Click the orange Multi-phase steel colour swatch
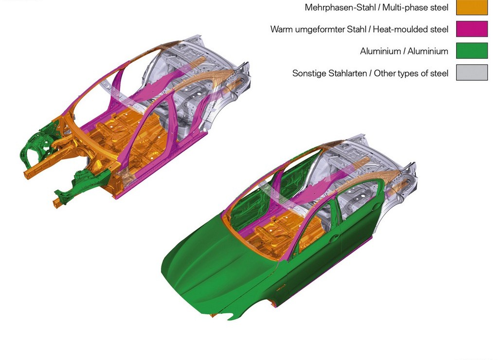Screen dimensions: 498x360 472,7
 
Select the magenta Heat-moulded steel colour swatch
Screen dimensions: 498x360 472,29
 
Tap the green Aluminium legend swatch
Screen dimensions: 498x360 472,51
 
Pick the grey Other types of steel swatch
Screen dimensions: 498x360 472,72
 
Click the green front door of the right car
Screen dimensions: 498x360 315,251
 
